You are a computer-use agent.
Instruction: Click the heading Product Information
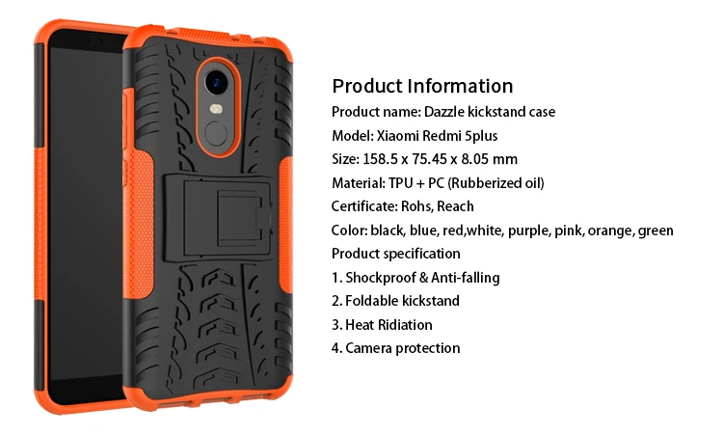[x=422, y=86]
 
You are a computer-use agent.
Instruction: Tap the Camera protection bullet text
[x=403, y=348]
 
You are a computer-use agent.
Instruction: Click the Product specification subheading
[x=396, y=254]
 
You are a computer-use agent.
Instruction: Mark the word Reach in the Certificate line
[x=457, y=206]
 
